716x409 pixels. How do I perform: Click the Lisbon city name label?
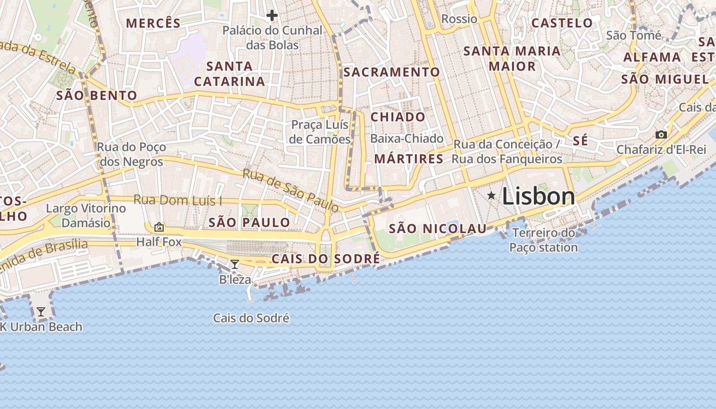[539, 196]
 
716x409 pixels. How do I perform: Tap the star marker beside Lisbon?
[491, 195]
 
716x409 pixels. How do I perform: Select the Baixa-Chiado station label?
[407, 139]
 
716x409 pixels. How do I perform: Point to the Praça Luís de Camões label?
[320, 132]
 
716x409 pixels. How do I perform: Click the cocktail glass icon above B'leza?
[235, 264]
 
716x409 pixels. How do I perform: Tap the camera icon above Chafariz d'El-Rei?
[661, 135]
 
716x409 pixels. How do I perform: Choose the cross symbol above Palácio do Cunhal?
[272, 15]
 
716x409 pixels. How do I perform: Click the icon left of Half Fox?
[159, 227]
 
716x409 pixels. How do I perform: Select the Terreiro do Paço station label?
[544, 240]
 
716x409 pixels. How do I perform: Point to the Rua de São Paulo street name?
[290, 190]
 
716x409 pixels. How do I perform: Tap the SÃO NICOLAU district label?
[438, 229]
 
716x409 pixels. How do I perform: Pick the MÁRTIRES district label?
[409, 159]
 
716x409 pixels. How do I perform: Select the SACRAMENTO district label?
[391, 72]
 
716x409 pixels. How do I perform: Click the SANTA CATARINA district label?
[230, 74]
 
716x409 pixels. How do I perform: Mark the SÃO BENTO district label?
[97, 96]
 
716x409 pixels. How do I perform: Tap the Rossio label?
[459, 19]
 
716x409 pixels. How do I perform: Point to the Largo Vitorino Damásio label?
[86, 215]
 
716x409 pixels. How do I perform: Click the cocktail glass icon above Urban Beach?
[41, 311]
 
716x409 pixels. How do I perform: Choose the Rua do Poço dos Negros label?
[131, 154]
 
